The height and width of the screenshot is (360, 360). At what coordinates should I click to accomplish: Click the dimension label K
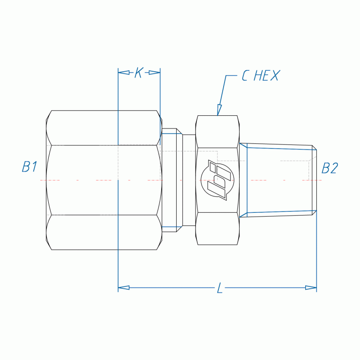point(138,73)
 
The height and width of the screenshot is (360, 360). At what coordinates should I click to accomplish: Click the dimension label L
point(219,288)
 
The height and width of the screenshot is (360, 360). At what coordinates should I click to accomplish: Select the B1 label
point(30,167)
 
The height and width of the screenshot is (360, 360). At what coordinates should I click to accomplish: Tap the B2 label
point(330,168)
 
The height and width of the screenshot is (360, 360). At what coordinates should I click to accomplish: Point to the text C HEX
point(260,76)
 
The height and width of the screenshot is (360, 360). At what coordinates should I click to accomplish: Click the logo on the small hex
point(217,180)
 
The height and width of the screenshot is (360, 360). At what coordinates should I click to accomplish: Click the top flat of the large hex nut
point(103,127)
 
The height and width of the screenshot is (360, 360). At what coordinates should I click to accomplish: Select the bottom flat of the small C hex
point(218,228)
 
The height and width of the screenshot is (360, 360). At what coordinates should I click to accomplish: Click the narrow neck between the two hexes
point(189,180)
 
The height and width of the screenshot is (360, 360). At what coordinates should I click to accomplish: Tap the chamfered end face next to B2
point(315,180)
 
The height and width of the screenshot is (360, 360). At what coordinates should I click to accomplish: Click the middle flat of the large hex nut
point(103,180)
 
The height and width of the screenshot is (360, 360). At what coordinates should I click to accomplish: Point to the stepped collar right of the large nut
point(170,180)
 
